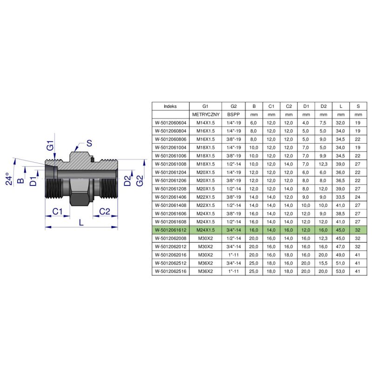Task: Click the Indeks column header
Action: tap(170, 106)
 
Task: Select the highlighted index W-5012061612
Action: tap(171, 230)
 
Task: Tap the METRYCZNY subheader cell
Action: tap(206, 114)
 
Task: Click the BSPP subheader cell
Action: tap(233, 114)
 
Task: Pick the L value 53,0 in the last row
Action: tap(340, 271)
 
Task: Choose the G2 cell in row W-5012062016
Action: tap(233, 255)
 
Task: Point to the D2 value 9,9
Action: tap(323, 156)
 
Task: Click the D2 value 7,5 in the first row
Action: tap(323, 123)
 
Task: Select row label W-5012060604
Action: tap(171, 123)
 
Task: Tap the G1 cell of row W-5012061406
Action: tap(206, 197)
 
